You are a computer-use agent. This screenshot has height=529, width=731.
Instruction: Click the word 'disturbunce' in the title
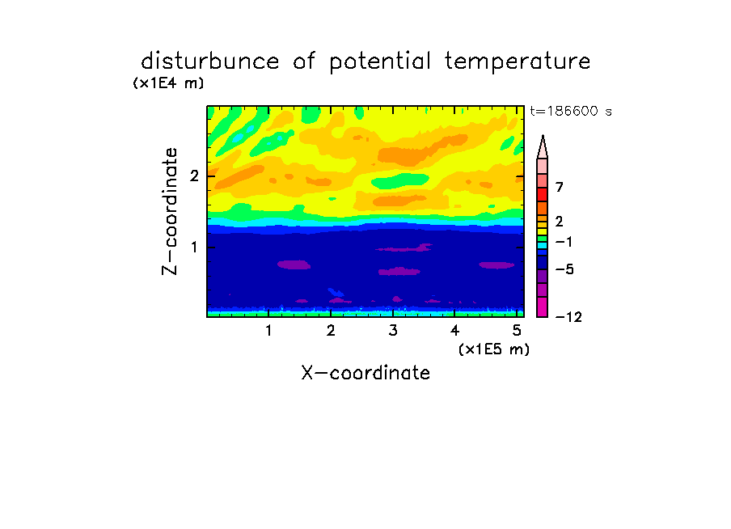(x=209, y=61)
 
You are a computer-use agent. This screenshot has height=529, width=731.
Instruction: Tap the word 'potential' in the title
(x=380, y=62)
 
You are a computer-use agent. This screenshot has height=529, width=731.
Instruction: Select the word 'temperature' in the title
(x=518, y=62)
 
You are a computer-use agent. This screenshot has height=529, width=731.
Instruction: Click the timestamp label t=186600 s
(x=571, y=111)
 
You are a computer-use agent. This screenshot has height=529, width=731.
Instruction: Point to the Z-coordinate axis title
(x=170, y=211)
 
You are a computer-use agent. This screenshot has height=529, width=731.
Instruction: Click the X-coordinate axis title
(x=365, y=373)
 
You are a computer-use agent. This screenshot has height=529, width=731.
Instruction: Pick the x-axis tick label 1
(x=268, y=331)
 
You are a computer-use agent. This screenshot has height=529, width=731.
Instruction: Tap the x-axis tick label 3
(x=393, y=331)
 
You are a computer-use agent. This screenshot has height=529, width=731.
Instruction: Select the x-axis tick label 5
(x=517, y=331)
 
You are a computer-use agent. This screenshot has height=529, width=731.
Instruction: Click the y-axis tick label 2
(x=194, y=176)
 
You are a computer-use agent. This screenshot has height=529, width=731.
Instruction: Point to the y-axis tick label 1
(x=194, y=248)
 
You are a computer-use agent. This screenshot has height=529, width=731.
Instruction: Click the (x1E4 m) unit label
(x=168, y=83)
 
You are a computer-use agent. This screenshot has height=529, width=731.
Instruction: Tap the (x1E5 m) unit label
(x=494, y=349)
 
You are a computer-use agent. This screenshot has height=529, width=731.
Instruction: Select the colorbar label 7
(x=560, y=188)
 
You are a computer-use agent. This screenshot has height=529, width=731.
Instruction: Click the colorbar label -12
(x=568, y=317)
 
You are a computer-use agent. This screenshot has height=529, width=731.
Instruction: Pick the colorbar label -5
(x=564, y=269)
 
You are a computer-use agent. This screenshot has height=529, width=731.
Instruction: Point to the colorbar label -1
(x=564, y=242)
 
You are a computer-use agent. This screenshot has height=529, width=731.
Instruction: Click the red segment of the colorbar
(x=543, y=194)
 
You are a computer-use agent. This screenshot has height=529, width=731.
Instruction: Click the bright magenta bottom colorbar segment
(x=543, y=307)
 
